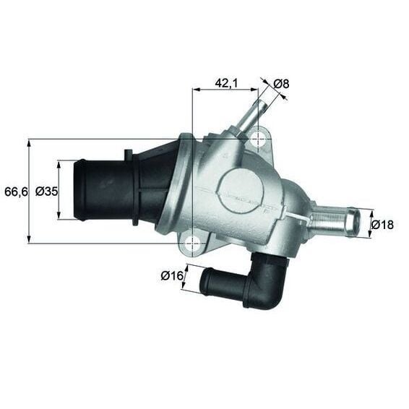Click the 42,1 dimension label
(x=226, y=83)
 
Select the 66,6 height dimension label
(x=15, y=191)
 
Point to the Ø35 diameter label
(x=46, y=191)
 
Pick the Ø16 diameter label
(x=171, y=275)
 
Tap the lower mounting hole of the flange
(x=193, y=244)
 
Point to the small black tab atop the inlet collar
(x=127, y=155)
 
